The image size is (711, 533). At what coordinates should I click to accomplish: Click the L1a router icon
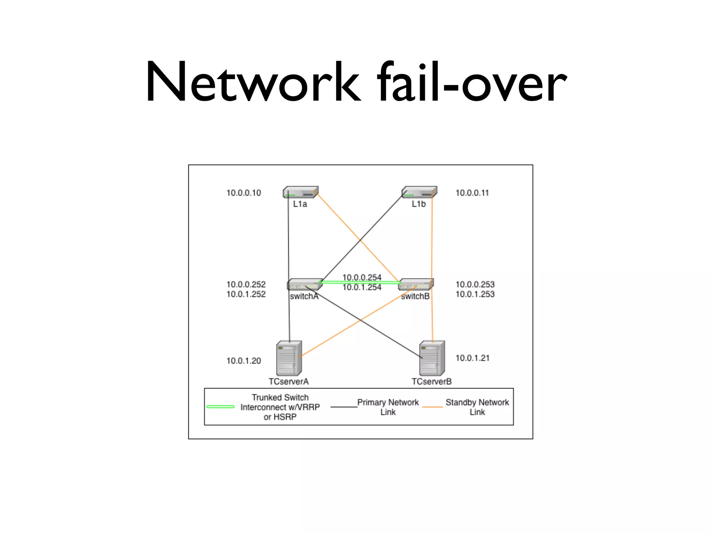click(301, 192)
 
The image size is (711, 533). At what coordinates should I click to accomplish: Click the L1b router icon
click(419, 192)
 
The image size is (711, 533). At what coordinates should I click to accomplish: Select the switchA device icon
click(304, 284)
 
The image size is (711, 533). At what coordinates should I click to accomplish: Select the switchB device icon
click(416, 284)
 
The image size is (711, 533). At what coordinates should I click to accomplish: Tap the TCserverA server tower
click(289, 358)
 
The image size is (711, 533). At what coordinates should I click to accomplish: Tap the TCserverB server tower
click(432, 358)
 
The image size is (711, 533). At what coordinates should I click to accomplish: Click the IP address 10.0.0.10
click(244, 193)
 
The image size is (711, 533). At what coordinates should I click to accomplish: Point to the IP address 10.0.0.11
click(472, 193)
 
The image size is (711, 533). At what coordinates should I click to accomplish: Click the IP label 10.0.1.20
click(244, 361)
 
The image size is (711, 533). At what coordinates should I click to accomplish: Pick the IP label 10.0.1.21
click(472, 358)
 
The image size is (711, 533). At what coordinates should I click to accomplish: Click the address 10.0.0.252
click(246, 285)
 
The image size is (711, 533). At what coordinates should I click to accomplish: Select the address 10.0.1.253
click(475, 294)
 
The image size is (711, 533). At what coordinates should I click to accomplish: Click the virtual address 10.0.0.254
click(362, 277)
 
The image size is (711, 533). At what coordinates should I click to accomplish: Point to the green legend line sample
click(220, 407)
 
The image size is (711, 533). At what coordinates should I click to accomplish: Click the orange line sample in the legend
click(432, 407)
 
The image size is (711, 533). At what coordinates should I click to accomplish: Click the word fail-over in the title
click(472, 83)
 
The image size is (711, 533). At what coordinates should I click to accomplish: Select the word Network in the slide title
click(253, 83)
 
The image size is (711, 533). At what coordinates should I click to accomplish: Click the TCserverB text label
click(432, 382)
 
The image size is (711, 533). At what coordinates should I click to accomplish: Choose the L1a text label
click(300, 204)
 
